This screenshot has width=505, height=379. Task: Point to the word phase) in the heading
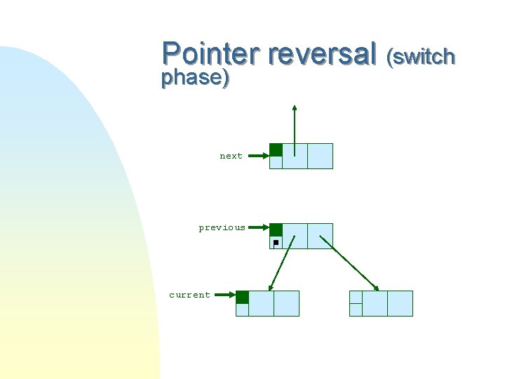(x=195, y=78)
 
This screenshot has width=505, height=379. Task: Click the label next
(x=231, y=156)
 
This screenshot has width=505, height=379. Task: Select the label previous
(x=222, y=227)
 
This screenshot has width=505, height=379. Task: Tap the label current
(x=189, y=295)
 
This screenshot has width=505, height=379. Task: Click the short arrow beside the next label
(x=258, y=156)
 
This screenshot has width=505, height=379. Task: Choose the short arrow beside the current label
(x=224, y=295)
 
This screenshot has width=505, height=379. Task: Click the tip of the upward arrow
(x=295, y=107)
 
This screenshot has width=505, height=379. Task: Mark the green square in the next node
(x=276, y=149)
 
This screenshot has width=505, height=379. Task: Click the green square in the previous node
(x=276, y=230)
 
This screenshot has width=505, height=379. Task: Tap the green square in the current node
(x=242, y=297)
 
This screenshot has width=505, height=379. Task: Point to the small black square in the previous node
(x=276, y=242)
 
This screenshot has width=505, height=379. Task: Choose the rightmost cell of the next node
(x=320, y=156)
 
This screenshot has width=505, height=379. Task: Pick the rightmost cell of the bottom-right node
(x=400, y=303)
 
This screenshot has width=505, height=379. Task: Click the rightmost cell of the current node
(x=286, y=303)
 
